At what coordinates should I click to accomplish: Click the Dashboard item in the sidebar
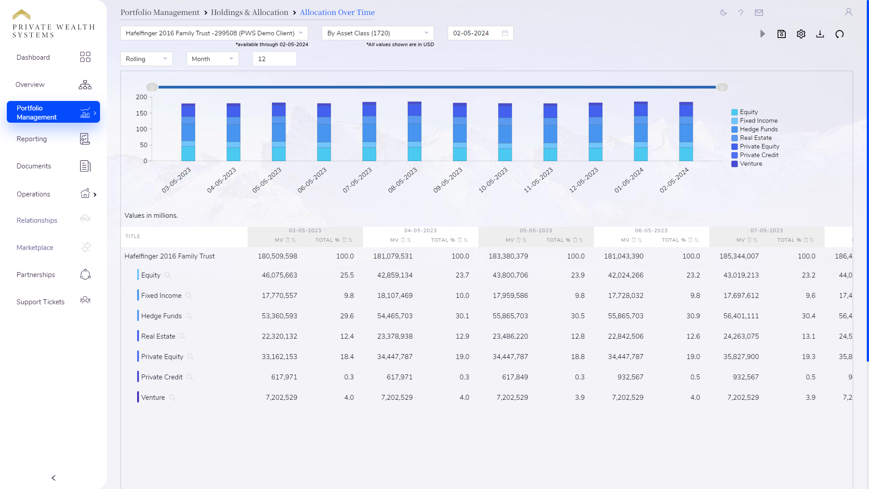pos(33,58)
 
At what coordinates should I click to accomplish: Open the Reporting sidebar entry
pos(32,139)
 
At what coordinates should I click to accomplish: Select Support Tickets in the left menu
pos(40,302)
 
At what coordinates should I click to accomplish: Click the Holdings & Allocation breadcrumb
pos(249,12)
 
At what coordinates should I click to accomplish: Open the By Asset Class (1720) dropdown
pos(377,33)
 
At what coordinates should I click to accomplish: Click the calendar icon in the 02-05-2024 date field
pos(505,33)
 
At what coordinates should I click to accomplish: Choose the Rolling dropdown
pos(146,59)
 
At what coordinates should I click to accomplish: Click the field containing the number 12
pos(274,59)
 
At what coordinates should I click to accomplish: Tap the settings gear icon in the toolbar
pos(801,34)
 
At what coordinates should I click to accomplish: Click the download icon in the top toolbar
pos(820,34)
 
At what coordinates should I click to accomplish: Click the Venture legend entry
pos(750,164)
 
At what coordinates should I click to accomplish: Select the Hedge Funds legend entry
pos(758,129)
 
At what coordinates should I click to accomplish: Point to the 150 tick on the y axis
pos(141,113)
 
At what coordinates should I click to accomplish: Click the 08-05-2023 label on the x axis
pos(403,180)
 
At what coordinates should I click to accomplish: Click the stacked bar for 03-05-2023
pos(188,132)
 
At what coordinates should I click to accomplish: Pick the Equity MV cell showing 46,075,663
pos(279,275)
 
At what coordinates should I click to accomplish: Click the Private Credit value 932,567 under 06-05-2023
pos(630,377)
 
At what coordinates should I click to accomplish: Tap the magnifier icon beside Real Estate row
pos(182,336)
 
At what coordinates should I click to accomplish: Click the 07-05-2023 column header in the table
pos(766,230)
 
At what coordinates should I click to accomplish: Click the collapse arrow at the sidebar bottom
pos(53,478)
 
